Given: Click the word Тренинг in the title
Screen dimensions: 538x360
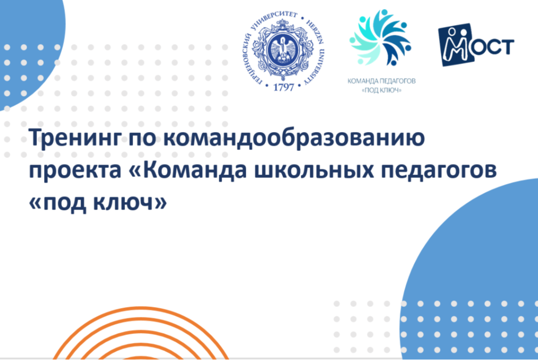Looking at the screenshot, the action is pyautogui.click(x=76, y=138).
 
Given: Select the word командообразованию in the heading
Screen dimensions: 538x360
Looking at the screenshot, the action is pyautogui.click(x=294, y=138).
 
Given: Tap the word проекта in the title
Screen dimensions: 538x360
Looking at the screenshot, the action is pyautogui.click(x=75, y=171).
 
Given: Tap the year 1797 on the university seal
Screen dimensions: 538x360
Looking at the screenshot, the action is pyautogui.click(x=283, y=87).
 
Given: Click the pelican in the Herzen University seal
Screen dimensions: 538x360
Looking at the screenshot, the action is pyautogui.click(x=283, y=50).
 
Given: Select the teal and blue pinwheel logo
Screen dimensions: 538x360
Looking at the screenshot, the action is pyautogui.click(x=380, y=37).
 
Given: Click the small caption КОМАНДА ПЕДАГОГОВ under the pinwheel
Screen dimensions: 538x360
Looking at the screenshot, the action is pyautogui.click(x=381, y=81).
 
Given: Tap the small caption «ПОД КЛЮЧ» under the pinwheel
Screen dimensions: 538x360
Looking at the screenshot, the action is pyautogui.click(x=381, y=90).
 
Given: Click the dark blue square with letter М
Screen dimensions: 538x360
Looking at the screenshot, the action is pyautogui.click(x=455, y=45).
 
